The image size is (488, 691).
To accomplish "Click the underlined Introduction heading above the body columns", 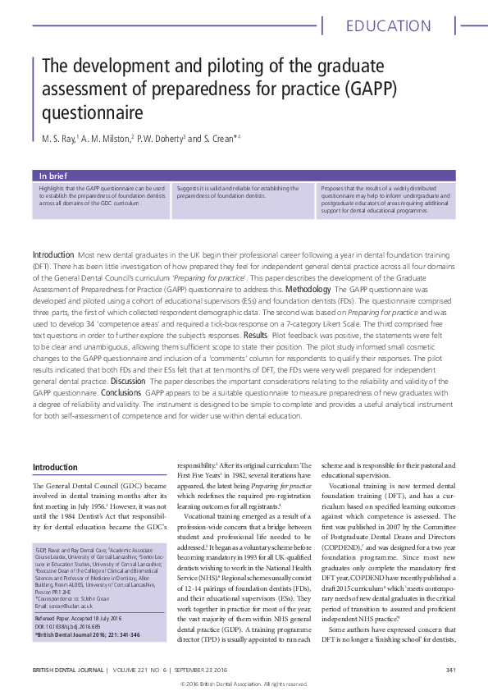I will [x=55, y=467].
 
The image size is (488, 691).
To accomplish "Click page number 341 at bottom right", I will [x=450, y=670].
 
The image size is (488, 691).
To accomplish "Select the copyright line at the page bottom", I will [x=244, y=684].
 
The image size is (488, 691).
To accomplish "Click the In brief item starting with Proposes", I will [x=381, y=199].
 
